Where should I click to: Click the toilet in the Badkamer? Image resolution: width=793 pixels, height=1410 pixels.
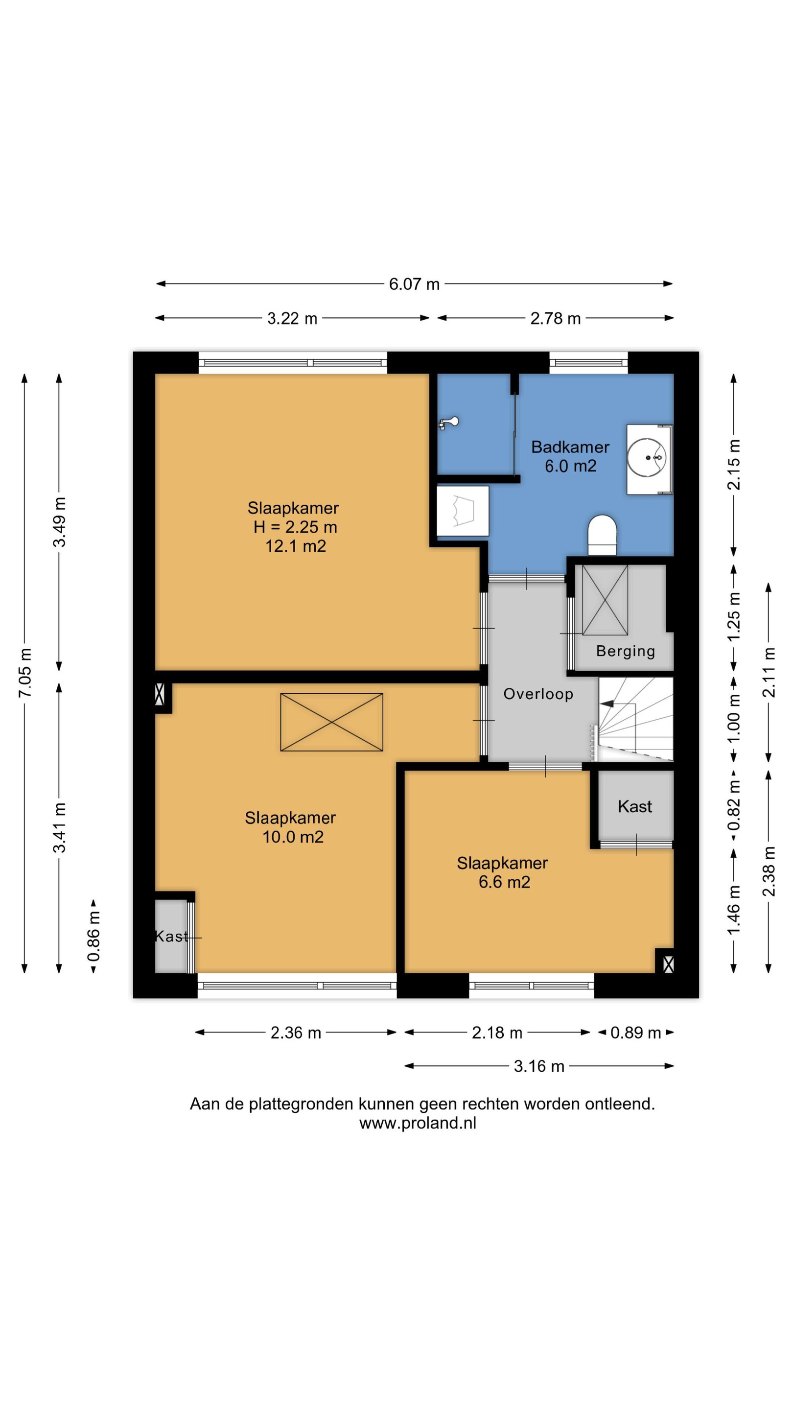pyautogui.click(x=602, y=534)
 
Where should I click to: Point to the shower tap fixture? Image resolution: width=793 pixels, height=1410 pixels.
pyautogui.click(x=448, y=423)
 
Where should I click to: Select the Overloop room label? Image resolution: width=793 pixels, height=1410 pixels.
pyautogui.click(x=538, y=694)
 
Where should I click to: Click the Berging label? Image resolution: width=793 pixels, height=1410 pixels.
pyautogui.click(x=626, y=651)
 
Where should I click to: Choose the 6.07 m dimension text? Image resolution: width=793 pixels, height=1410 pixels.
pyautogui.click(x=414, y=284)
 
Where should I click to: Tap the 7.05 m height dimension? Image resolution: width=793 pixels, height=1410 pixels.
pyautogui.click(x=25, y=673)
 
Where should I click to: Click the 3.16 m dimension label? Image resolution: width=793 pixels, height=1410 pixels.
pyautogui.click(x=538, y=1066)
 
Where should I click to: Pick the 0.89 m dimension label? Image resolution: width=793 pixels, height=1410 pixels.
pyautogui.click(x=636, y=1033)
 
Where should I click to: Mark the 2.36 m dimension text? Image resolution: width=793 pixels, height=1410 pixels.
pyautogui.click(x=296, y=1033)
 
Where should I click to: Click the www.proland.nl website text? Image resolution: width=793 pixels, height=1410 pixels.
pyautogui.click(x=418, y=1123)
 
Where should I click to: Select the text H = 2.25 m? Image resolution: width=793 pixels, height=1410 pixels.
pyautogui.click(x=295, y=527)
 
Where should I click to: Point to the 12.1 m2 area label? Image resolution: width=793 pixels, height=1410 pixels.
pyautogui.click(x=296, y=546)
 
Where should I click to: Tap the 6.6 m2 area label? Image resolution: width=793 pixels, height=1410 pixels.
pyautogui.click(x=504, y=882)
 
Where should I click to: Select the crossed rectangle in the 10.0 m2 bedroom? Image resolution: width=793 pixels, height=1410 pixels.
pyautogui.click(x=332, y=722)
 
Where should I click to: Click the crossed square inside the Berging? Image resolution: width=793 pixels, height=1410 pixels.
pyautogui.click(x=605, y=600)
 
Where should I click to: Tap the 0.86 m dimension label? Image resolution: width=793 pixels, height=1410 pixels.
pyautogui.click(x=94, y=937)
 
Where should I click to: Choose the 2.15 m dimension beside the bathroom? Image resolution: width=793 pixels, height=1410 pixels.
pyautogui.click(x=734, y=465)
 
